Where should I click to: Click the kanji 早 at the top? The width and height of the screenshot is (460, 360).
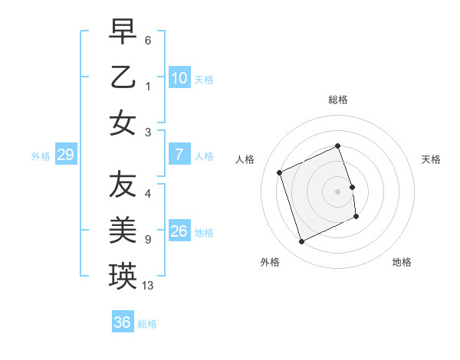(123, 32)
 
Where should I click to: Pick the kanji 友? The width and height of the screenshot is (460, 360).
(123, 184)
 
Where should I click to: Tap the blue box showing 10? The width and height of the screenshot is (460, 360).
(179, 78)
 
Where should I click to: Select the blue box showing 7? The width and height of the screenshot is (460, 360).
(179, 155)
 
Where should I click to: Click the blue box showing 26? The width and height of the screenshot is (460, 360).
(179, 231)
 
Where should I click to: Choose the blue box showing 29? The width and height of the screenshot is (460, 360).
(65, 155)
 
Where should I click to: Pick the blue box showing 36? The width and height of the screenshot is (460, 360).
(122, 322)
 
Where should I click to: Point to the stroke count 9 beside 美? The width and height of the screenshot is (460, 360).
(147, 240)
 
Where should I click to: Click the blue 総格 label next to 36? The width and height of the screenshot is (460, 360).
(147, 323)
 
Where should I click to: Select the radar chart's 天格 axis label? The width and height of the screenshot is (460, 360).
(431, 159)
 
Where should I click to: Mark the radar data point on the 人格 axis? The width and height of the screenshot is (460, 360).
(280, 172)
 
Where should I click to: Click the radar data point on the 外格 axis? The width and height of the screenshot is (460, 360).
(301, 242)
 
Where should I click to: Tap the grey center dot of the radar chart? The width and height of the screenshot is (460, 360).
(337, 191)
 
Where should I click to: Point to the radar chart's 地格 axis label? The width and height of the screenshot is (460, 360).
(402, 262)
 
